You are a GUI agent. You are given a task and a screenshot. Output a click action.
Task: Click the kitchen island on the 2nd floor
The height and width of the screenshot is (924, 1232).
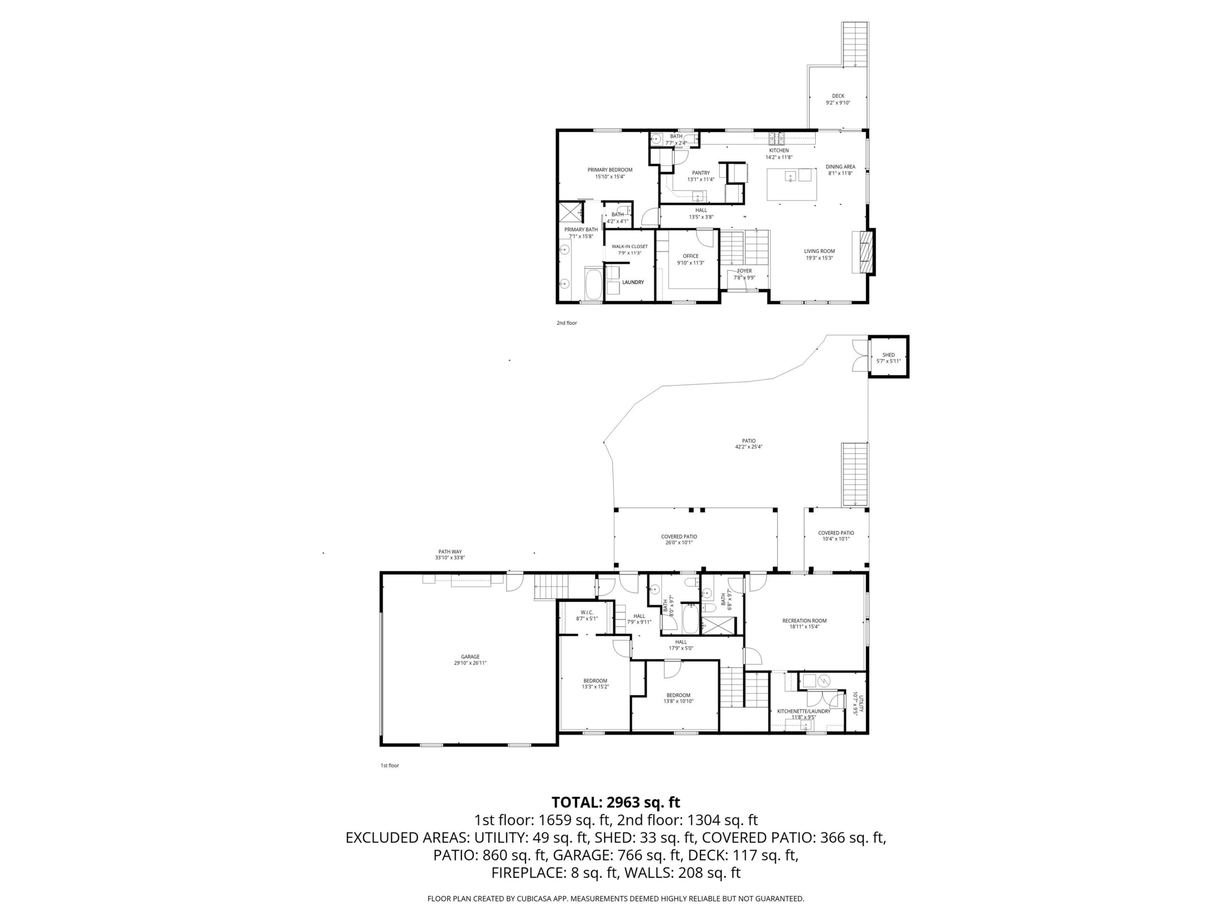click(x=792, y=184)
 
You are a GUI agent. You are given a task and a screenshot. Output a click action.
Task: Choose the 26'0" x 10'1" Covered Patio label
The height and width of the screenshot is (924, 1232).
click(x=679, y=539)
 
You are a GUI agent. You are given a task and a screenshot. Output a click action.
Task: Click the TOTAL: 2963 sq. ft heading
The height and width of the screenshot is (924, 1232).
click(x=616, y=802)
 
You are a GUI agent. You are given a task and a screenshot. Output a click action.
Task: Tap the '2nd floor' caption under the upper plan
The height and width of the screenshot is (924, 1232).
click(x=566, y=323)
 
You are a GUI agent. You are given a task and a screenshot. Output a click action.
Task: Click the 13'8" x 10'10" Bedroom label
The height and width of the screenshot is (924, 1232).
click(x=679, y=698)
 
